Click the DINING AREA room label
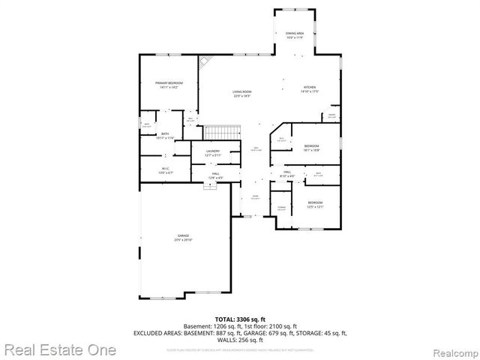294,35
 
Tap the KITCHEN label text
310,89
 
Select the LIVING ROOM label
241,94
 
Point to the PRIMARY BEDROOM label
169,84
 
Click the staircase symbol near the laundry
223,133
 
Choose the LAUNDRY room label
212,153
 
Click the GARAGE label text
183,238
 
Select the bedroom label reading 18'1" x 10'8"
311,147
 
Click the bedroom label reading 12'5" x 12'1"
314,204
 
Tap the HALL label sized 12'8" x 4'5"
215,175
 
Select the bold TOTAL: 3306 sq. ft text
240,319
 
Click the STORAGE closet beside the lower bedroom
281,207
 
